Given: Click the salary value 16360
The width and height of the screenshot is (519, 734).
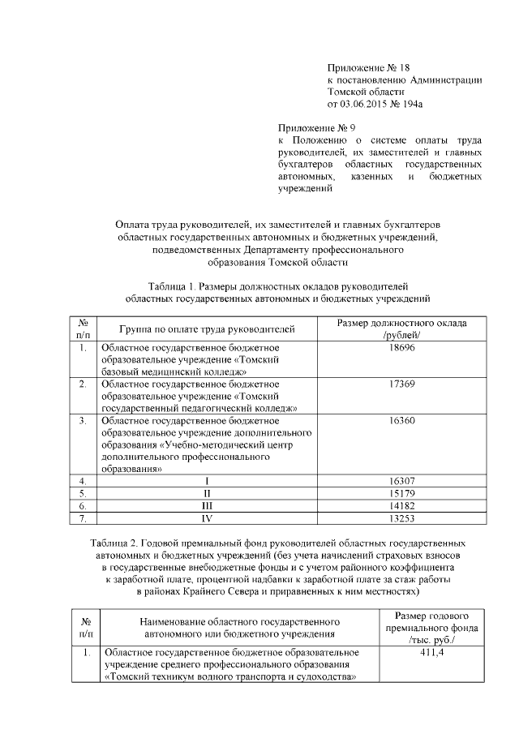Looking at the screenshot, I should point(402,421).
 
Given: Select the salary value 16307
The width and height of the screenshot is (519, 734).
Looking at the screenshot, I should point(402,481).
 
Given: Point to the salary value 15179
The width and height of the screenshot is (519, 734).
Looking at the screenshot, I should point(402,493).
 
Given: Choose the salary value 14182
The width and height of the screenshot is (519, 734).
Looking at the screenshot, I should point(402,505).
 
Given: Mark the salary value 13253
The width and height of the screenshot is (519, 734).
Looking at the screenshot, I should point(402,517).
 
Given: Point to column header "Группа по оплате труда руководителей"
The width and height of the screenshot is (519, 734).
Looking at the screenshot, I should point(207,329).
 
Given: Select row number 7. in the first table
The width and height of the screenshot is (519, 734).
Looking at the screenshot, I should point(83,517).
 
